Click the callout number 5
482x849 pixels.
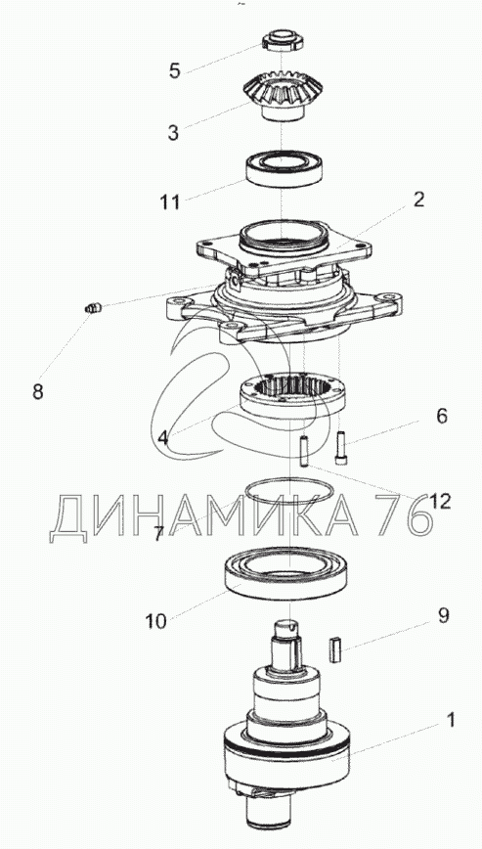[174, 71]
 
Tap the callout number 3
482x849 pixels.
[173, 133]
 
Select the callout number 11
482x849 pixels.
[169, 201]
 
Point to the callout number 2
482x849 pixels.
[418, 200]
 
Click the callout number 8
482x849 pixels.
[37, 391]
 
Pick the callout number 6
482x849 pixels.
[442, 417]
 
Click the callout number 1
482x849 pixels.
[450, 720]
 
